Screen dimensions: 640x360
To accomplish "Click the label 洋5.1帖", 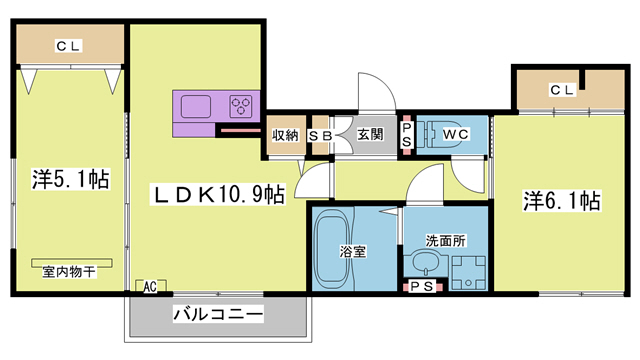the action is click(71, 180).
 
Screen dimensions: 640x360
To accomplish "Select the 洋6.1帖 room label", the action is click(561, 200).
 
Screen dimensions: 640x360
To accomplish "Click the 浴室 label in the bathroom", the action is click(351, 252).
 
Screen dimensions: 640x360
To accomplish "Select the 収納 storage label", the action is click(285, 135).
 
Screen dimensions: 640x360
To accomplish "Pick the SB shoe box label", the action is click(320, 135).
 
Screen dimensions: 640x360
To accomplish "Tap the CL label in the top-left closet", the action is click(69, 45).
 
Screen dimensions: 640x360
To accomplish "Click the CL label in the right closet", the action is click(562, 90).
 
